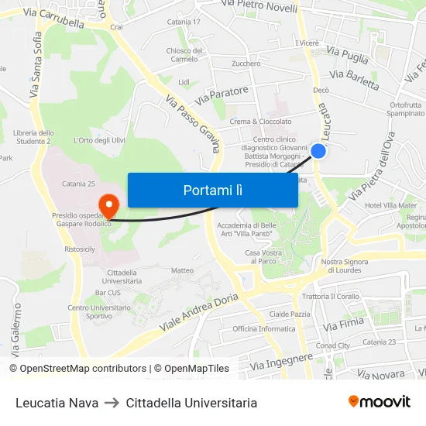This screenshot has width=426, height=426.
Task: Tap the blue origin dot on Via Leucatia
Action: pyautogui.click(x=318, y=151)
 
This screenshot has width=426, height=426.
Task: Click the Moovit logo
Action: pyautogui.click(x=379, y=402)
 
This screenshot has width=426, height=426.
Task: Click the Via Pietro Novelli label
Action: pyautogui.click(x=259, y=6)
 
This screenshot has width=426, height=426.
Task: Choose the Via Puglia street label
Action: pyautogui.click(x=348, y=55)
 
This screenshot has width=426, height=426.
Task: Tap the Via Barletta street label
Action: pyautogui.click(x=354, y=79)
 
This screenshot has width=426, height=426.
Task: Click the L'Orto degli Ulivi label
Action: pyautogui.click(x=98, y=140)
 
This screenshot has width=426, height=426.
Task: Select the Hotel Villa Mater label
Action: pyautogui.click(x=390, y=206)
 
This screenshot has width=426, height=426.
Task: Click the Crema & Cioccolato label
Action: pyautogui.click(x=261, y=122)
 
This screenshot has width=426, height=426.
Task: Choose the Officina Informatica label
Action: pyautogui.click(x=264, y=328)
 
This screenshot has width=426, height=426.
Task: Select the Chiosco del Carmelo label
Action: pyautogui.click(x=184, y=55)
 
